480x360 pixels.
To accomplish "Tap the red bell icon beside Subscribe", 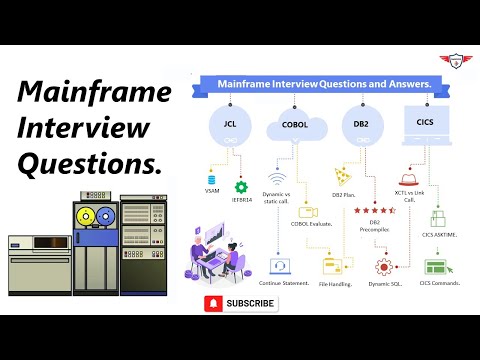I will [x=213, y=303].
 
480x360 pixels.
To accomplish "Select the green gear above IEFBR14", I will [x=240, y=187].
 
